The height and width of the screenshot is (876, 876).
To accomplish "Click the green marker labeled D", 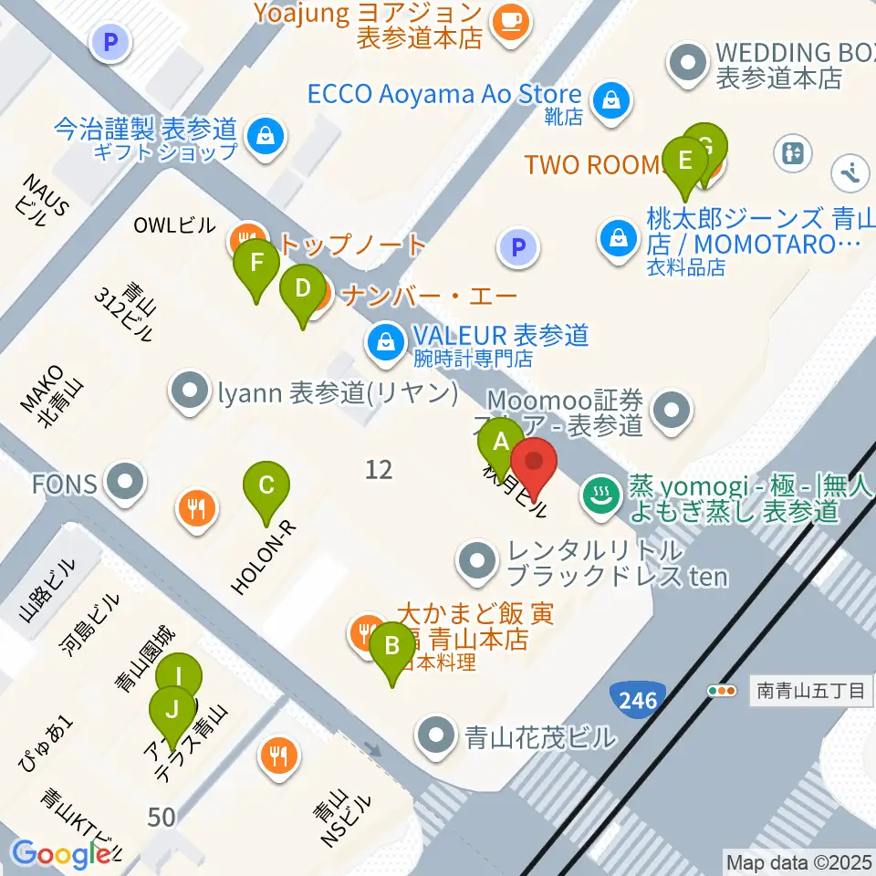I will tap(302, 291).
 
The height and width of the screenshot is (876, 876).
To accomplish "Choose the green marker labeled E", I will tap(685, 162).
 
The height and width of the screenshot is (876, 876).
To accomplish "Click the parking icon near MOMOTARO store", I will tap(518, 246).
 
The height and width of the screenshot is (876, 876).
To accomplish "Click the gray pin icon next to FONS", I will tap(126, 483).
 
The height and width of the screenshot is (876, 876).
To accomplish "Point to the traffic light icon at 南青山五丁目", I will tap(722, 691).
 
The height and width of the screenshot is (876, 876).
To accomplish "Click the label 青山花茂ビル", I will tap(538, 735).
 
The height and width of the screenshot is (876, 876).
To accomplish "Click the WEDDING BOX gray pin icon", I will tap(688, 64).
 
